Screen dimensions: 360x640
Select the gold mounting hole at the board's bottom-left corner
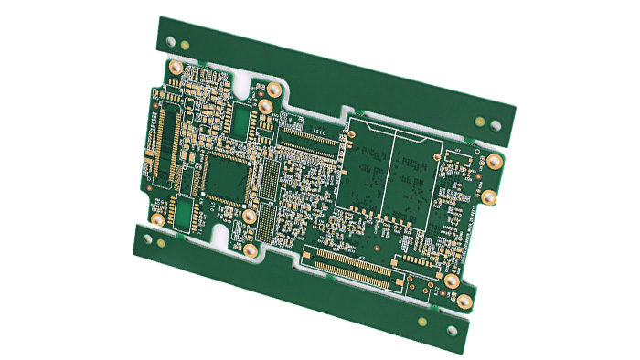tap(157, 220)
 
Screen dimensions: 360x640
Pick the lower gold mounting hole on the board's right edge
tap(489, 195)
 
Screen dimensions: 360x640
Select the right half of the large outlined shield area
tap(416, 174)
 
